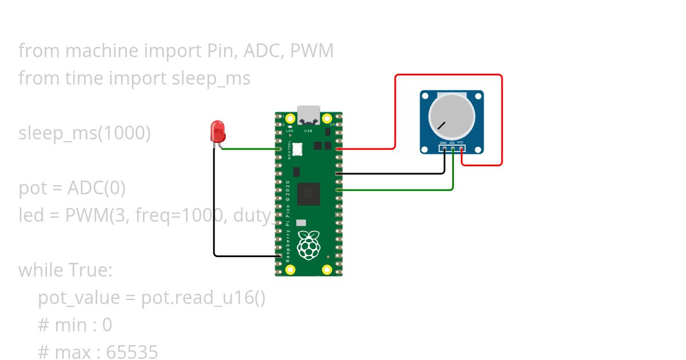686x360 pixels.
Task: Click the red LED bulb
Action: click(x=218, y=131)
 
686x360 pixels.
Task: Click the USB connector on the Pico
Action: click(x=309, y=114)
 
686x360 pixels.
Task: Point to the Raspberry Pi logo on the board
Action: click(x=309, y=244)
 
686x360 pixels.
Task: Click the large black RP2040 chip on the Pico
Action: click(x=309, y=194)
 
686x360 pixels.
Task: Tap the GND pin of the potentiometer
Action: click(x=444, y=149)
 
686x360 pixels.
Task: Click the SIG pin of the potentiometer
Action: click(x=453, y=149)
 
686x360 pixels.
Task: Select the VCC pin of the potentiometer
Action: click(x=461, y=149)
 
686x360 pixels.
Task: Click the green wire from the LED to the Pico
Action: click(x=249, y=149)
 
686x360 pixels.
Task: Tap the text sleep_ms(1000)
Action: click(x=85, y=133)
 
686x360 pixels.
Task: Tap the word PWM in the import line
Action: click(x=312, y=51)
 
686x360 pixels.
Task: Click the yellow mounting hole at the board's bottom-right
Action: click(x=327, y=269)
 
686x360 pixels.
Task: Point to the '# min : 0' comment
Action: click(x=75, y=325)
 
